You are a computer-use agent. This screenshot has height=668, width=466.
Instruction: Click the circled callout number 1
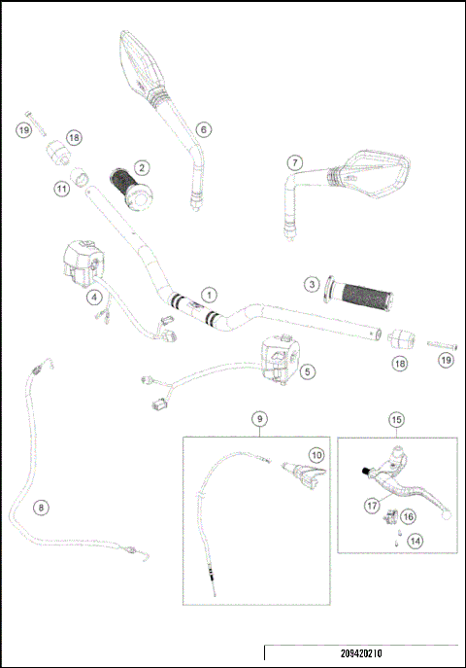coord(207,292)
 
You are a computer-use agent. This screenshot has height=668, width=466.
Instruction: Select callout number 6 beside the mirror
coord(202,128)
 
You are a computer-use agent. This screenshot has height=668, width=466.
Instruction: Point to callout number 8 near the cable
coord(40,507)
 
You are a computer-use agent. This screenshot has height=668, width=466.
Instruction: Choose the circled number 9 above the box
coord(258,418)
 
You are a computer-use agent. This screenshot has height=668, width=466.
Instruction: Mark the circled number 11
coord(60,189)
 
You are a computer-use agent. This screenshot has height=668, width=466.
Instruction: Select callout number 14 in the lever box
coord(415,541)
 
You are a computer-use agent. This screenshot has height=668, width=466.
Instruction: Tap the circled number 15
coord(396,420)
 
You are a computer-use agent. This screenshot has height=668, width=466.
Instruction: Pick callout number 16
coord(408,516)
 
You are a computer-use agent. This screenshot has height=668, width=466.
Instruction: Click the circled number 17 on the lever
coord(371,506)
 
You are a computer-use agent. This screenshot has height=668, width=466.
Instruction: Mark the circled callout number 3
coord(311,284)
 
